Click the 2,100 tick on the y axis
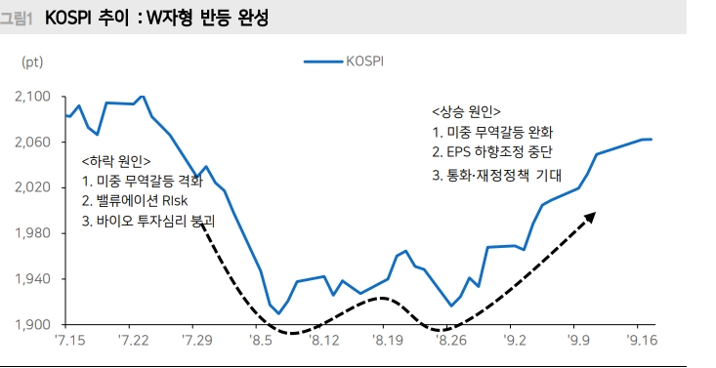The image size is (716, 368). coord(36,97)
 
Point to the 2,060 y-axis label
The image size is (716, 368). coord(36,143)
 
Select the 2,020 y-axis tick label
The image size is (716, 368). coord(36,187)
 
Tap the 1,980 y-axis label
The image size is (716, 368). coord(36,233)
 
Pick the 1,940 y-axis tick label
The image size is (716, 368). coord(36,279)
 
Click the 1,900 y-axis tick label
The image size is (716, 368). coord(36,324)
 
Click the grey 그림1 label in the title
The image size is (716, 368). coord(18,19)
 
